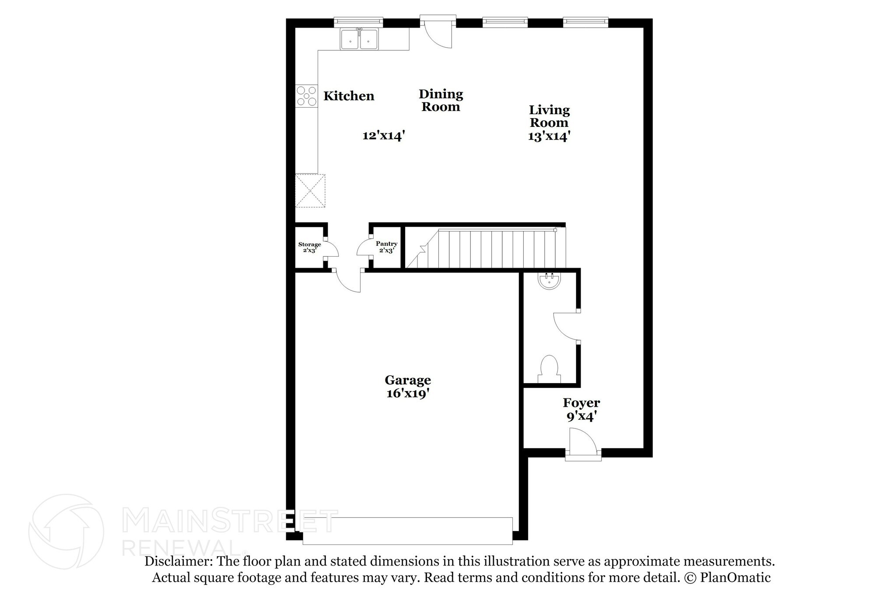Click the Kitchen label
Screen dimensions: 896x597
pos(349,96)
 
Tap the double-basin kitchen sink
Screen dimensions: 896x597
pos(359,38)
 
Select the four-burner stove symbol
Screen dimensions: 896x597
pos(306,96)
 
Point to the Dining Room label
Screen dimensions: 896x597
pos(441,100)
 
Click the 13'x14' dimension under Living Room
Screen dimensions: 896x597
pos(549,136)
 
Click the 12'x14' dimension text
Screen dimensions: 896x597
pos(384,136)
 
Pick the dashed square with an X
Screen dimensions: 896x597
pos(310,191)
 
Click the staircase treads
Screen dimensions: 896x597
pos(486,248)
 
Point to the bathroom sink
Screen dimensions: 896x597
pos(549,281)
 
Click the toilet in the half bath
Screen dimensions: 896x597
pos(549,370)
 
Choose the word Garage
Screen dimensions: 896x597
pos(408,381)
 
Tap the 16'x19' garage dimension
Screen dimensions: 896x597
pos(407,394)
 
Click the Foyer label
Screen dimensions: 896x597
pos(581,403)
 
